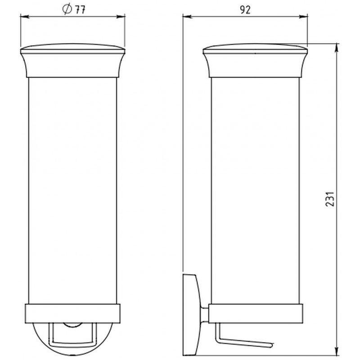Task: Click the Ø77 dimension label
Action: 74,9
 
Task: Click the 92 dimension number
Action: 245,10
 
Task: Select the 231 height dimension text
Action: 330,199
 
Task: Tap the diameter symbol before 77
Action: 67,9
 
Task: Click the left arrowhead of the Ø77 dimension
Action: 25,17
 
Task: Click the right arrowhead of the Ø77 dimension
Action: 121,17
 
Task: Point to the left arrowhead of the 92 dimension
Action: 187,17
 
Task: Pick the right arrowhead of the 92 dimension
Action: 303,17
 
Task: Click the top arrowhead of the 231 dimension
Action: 337,48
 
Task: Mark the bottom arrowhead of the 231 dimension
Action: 337,351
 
